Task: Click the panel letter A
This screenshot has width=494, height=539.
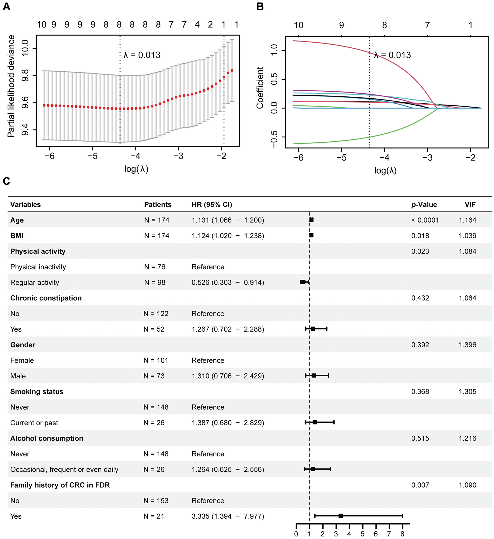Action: [x=6, y=6]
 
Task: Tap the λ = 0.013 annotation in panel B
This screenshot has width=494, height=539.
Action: [x=392, y=55]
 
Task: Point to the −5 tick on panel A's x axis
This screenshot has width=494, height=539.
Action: [x=92, y=156]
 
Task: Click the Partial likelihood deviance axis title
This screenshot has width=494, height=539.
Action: [x=11, y=86]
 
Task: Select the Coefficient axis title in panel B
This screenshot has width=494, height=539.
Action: [x=260, y=88]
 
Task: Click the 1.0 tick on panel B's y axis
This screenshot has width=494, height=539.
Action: [x=274, y=50]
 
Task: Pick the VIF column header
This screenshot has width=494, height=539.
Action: [x=470, y=205]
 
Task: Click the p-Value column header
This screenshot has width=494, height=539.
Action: [x=424, y=205]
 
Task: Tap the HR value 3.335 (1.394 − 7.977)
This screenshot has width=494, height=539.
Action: [x=228, y=516]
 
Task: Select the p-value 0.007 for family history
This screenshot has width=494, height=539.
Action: [x=420, y=485]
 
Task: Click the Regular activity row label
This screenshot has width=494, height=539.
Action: [x=35, y=282]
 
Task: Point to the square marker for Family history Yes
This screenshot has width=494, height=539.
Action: [x=340, y=516]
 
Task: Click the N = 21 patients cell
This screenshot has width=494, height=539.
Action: [x=154, y=516]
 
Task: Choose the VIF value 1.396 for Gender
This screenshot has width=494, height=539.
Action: [x=467, y=345]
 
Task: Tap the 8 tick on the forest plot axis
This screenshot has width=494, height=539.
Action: [x=402, y=534]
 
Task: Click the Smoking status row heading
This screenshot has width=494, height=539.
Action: [x=37, y=392]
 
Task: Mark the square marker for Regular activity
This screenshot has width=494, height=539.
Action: [x=303, y=282]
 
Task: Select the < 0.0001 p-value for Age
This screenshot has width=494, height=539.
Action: [x=425, y=220]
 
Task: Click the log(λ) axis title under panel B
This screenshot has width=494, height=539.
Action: [x=385, y=171]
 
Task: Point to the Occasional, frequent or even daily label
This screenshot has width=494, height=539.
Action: [x=64, y=469]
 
